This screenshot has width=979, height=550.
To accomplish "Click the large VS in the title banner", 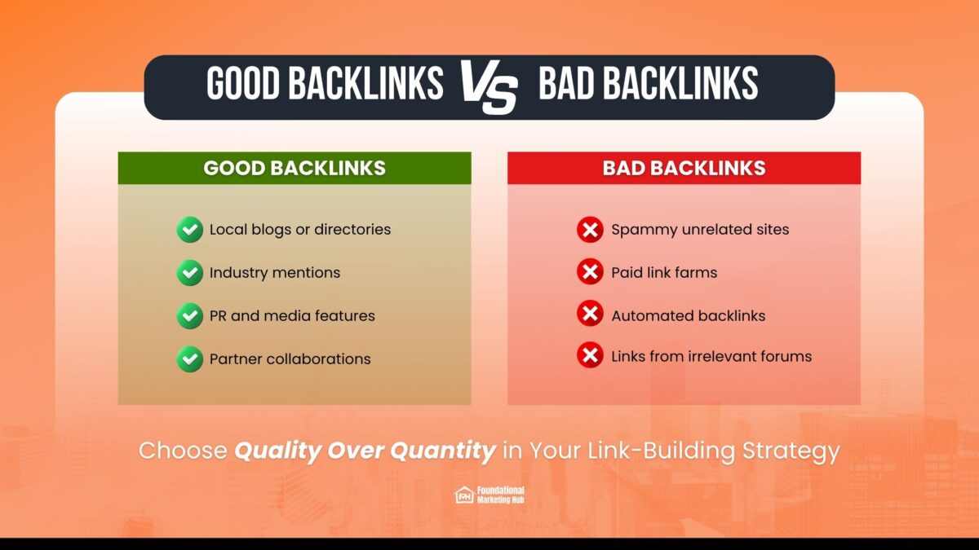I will (x=489, y=86).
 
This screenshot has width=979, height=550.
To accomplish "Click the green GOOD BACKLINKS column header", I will (x=295, y=168).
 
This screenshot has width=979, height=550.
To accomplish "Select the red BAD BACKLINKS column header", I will (x=684, y=168).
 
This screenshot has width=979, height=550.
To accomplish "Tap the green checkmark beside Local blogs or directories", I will (x=190, y=230).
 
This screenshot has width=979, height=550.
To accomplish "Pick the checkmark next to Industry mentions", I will (x=190, y=273).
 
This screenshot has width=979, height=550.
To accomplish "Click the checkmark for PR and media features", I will (x=190, y=315).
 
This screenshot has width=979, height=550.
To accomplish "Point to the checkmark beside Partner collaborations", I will (x=190, y=359).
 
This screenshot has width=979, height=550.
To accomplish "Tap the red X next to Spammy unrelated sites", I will (x=590, y=230).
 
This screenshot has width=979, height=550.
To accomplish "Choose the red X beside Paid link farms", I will (x=590, y=272).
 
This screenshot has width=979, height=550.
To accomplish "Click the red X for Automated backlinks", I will (x=590, y=315).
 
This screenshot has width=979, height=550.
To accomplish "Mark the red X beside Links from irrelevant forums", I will (x=590, y=356).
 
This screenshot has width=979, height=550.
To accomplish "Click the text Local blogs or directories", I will (x=300, y=230).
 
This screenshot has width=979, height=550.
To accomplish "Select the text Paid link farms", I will (x=664, y=273).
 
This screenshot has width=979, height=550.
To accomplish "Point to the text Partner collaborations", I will (x=290, y=359).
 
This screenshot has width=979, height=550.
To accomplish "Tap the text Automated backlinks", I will (x=689, y=315).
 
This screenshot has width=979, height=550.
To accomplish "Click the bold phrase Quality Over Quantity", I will (x=365, y=451).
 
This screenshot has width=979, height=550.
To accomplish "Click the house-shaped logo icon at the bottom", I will (x=464, y=495).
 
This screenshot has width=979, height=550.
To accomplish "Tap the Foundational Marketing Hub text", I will (x=501, y=495).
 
